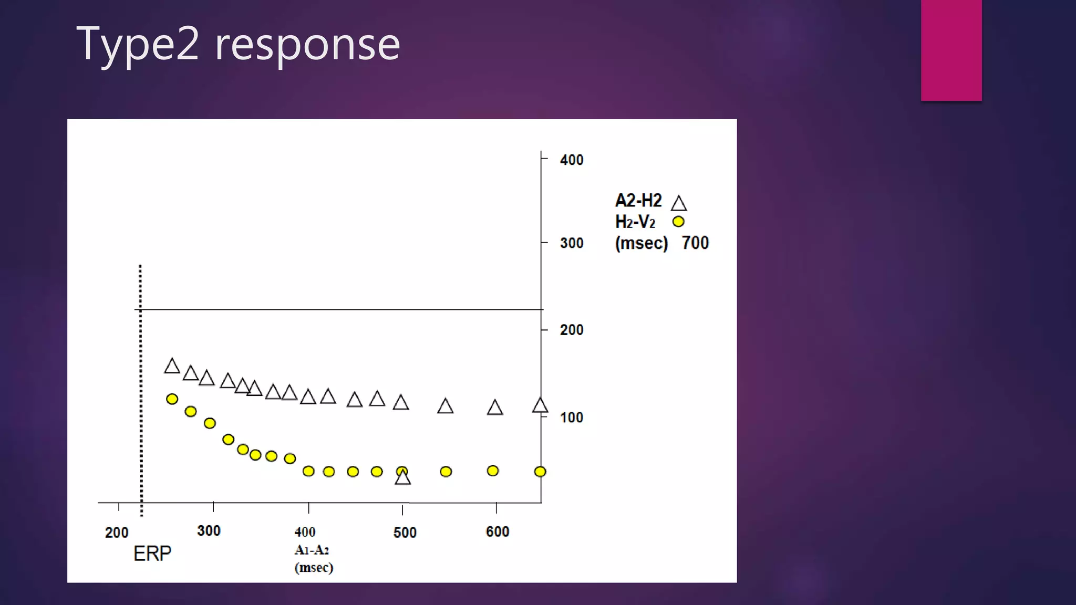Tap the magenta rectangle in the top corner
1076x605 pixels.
[x=951, y=50]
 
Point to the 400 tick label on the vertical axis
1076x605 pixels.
[x=572, y=160]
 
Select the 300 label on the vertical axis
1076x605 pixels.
[x=572, y=243]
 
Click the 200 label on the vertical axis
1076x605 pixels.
[x=572, y=330]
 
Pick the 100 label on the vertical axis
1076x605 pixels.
[x=572, y=418]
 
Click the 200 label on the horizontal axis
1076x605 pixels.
[x=117, y=533]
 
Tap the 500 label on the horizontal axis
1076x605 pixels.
[x=405, y=533]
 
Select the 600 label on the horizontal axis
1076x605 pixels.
[x=498, y=531]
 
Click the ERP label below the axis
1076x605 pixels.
[x=152, y=554]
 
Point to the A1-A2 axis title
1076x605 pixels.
[x=312, y=550]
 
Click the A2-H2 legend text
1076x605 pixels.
[x=638, y=201]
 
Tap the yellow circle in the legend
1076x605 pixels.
[x=678, y=222]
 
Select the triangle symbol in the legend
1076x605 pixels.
[x=679, y=204]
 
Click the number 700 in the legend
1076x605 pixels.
[x=695, y=243]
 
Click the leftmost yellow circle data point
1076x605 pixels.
[x=172, y=399]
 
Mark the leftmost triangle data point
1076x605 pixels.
[x=172, y=367]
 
